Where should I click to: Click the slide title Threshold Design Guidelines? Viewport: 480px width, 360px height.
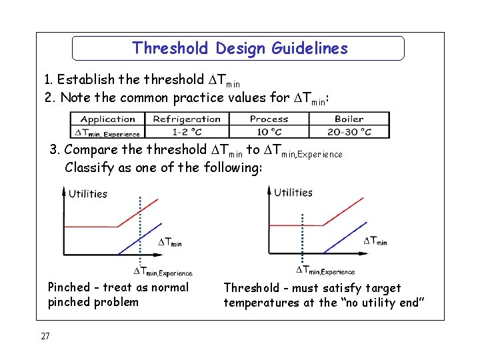pyautogui.click(x=239, y=48)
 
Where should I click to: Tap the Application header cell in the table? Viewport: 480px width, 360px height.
pyautogui.click(x=107, y=119)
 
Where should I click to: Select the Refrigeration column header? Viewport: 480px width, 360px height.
pyautogui.click(x=187, y=119)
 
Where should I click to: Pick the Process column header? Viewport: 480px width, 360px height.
pyautogui.click(x=269, y=119)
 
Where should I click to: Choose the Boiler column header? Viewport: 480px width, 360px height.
pyautogui.click(x=349, y=119)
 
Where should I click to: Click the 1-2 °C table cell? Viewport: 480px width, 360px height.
pyautogui.click(x=187, y=132)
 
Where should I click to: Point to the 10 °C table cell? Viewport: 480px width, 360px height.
pyautogui.click(x=269, y=132)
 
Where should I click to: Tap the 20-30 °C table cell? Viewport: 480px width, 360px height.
pyautogui.click(x=349, y=132)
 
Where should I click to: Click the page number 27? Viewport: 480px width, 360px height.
pyautogui.click(x=45, y=336)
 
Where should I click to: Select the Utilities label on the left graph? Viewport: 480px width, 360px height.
pyautogui.click(x=88, y=194)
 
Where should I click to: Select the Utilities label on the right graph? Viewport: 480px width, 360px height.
pyautogui.click(x=293, y=193)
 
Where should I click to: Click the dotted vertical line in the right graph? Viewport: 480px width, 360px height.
pyautogui.click(x=302, y=233)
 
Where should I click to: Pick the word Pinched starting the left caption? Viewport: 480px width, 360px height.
pyautogui.click(x=69, y=287)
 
